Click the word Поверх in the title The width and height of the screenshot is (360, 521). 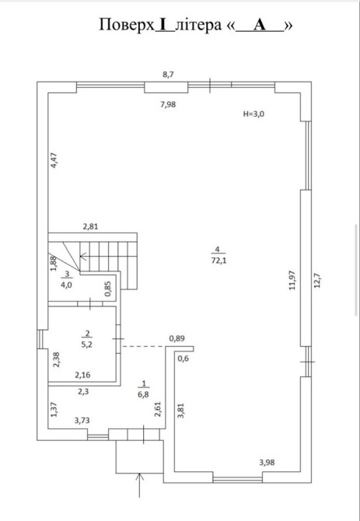pyautogui.click(x=127, y=25)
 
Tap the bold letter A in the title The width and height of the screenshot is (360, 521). pyautogui.click(x=260, y=25)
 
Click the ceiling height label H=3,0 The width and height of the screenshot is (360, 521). pyautogui.click(x=253, y=114)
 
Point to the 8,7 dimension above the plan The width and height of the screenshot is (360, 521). pyautogui.click(x=168, y=75)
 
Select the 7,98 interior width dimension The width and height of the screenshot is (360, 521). pyautogui.click(x=168, y=105)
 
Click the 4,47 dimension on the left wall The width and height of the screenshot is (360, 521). pyautogui.click(x=54, y=159)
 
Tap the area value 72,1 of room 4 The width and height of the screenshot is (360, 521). pyautogui.click(x=218, y=260)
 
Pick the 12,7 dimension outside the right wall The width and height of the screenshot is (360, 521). pyautogui.click(x=317, y=280)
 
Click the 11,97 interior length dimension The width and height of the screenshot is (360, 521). pyautogui.click(x=292, y=281)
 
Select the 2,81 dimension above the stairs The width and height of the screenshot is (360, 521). pyautogui.click(x=91, y=227)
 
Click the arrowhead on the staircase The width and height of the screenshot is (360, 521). pyautogui.click(x=82, y=256)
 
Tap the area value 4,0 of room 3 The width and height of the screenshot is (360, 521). pyautogui.click(x=67, y=285)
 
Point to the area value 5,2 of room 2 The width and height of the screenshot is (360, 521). pyautogui.click(x=88, y=344)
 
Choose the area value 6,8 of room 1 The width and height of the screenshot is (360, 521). pyautogui.click(x=144, y=396)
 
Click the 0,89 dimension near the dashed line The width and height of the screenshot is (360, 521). pyautogui.click(x=177, y=338)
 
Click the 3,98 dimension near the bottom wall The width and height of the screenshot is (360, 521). pyautogui.click(x=267, y=462)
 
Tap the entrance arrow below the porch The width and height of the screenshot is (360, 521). pyautogui.click(x=139, y=485)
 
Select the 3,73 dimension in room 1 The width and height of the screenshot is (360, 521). pyautogui.click(x=82, y=421)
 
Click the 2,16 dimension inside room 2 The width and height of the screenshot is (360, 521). pyautogui.click(x=82, y=375)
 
